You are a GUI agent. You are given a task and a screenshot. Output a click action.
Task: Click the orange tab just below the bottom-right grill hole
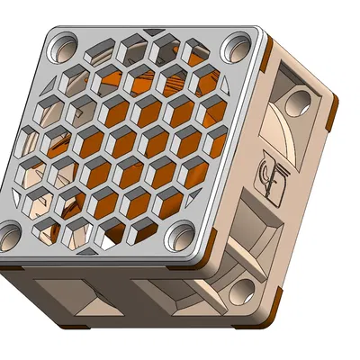pyautogui.click(x=209, y=263)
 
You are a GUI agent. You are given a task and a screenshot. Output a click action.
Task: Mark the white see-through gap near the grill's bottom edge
pyautogui.click(x=108, y=241)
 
